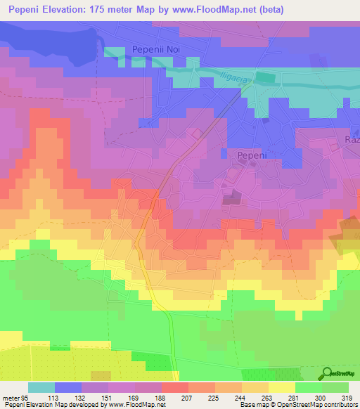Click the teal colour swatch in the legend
coord(41,387)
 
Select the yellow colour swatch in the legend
coord(282,387)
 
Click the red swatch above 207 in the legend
coord(175,387)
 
